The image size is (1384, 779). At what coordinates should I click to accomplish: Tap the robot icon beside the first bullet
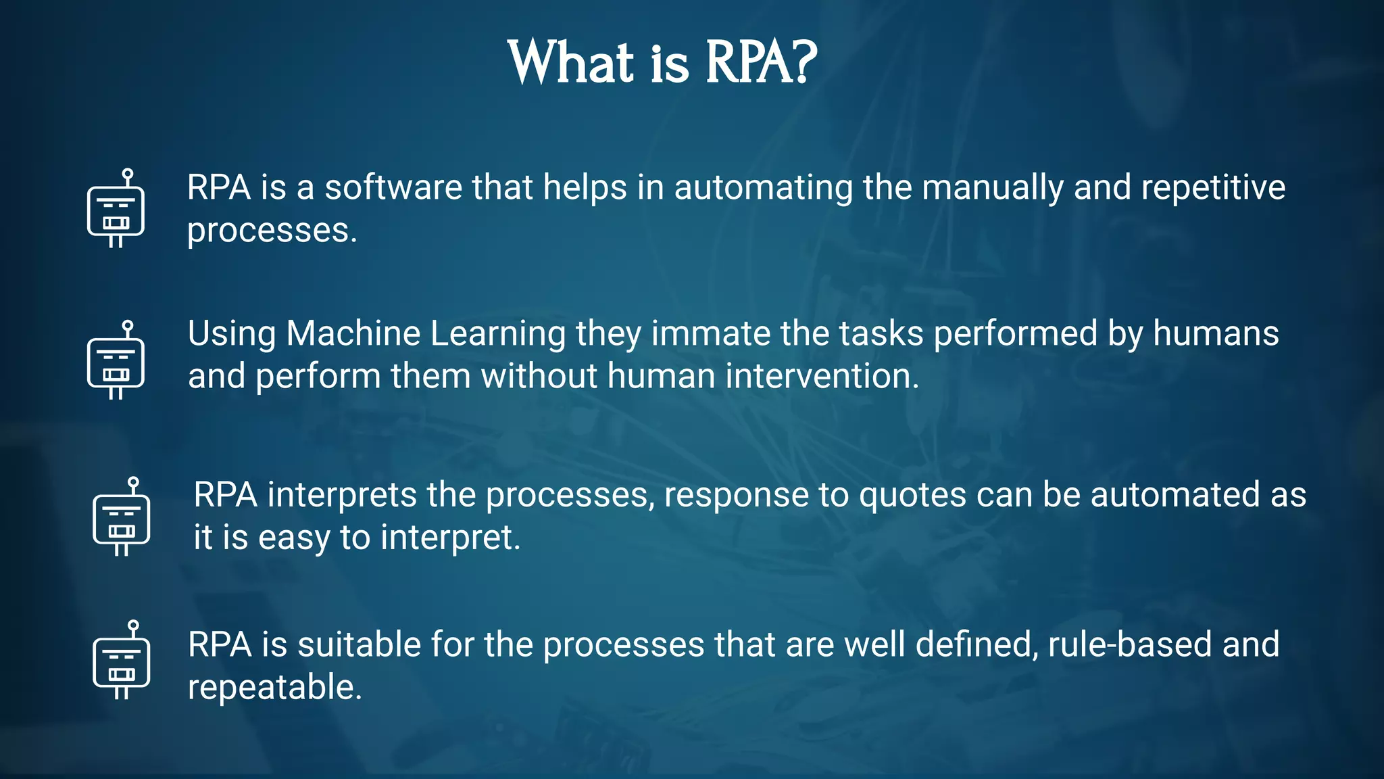click(x=116, y=209)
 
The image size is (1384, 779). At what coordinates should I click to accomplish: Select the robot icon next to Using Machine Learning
click(x=116, y=360)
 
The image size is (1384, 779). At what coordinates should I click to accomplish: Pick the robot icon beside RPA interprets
click(x=121, y=517)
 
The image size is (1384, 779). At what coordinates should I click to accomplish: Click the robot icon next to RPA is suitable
click(x=121, y=661)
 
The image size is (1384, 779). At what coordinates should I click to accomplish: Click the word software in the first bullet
click(x=393, y=187)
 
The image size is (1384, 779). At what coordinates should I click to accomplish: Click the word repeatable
click(x=274, y=688)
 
